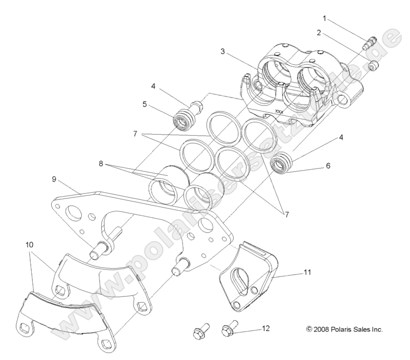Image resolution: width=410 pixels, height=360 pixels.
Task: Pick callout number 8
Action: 101,163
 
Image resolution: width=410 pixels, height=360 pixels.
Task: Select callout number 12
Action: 266,329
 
